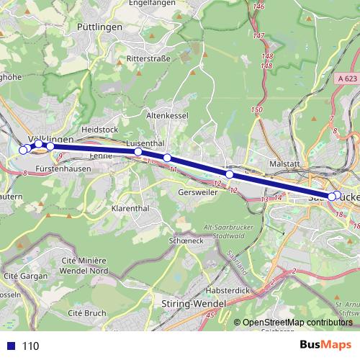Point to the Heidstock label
pos(100,129)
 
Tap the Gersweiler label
pos(197,193)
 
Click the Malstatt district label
pos(284,164)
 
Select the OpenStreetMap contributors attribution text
pos(297,323)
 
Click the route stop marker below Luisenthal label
pos(138,152)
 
